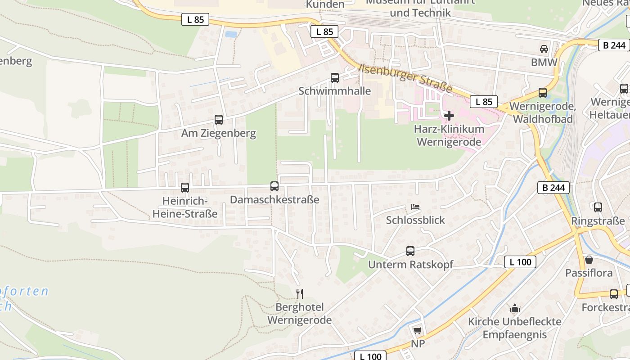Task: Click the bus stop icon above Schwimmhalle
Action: [x=334, y=77]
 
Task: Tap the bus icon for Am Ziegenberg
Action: [x=218, y=120]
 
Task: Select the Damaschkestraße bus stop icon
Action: [x=274, y=186]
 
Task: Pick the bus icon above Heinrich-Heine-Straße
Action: [x=184, y=187]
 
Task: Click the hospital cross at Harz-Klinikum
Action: [x=449, y=116]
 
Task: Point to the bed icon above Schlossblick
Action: [x=415, y=207]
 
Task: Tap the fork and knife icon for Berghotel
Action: [x=299, y=294]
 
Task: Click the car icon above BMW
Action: [x=544, y=49]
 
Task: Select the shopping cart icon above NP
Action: [x=417, y=331]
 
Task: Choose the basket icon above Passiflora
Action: [x=589, y=260]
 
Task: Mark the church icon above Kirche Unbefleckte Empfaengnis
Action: [x=514, y=308]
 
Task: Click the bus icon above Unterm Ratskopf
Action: [x=410, y=251]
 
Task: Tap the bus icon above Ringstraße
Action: [x=598, y=207]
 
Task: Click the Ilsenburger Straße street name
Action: [x=405, y=77]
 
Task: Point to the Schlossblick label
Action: [x=415, y=220]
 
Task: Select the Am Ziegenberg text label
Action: [x=218, y=133]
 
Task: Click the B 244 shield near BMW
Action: [x=614, y=45]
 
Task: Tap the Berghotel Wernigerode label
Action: [x=299, y=314]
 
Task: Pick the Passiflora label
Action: [x=589, y=273]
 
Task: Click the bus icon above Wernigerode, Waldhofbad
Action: [x=542, y=93]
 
